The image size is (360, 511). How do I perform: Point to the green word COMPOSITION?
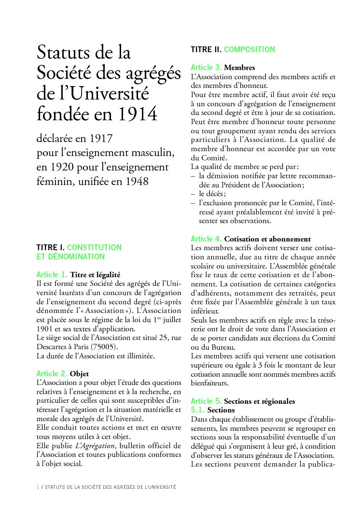[x=249, y=49]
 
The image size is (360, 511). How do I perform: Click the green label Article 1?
[x=52, y=274]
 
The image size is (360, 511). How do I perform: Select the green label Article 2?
[x=52, y=373]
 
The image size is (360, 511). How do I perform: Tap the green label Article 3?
[x=206, y=67]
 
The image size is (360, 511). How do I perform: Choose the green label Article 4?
[x=206, y=239]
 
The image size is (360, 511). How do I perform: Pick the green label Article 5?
[x=206, y=401]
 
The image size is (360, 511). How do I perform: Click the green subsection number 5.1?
[x=198, y=410]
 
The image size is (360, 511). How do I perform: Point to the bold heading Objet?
[x=80, y=374]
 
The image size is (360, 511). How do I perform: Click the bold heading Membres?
[x=239, y=68]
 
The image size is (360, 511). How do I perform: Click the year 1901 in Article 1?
[x=46, y=329]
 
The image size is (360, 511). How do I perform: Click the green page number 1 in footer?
[x=38, y=487]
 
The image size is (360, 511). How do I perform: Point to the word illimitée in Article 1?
[x=137, y=356]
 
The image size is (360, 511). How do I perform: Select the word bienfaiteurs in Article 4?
[x=210, y=383]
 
